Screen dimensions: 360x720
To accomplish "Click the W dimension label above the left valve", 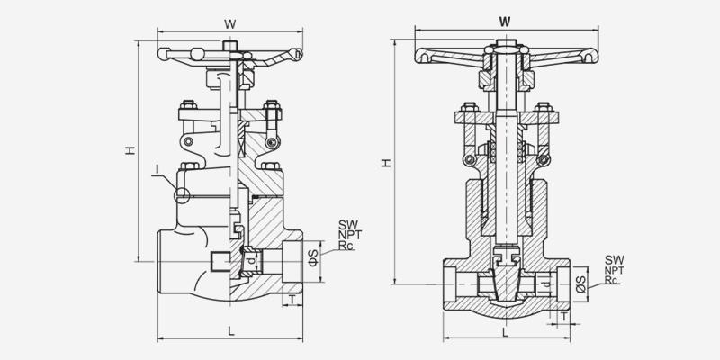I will (x=231, y=22).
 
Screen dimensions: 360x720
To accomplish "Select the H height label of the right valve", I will (x=386, y=163).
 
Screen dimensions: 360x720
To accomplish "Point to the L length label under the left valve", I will (x=232, y=331).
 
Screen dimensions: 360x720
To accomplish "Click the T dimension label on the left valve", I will (x=292, y=298).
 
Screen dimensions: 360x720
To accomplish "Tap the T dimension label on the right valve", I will (x=564, y=316).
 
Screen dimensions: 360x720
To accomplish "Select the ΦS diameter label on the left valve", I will (x=312, y=259).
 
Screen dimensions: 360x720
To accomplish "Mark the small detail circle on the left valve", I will (x=184, y=193).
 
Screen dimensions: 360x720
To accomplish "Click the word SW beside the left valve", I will (x=347, y=224).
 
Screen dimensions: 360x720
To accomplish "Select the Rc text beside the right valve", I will (x=612, y=280).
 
